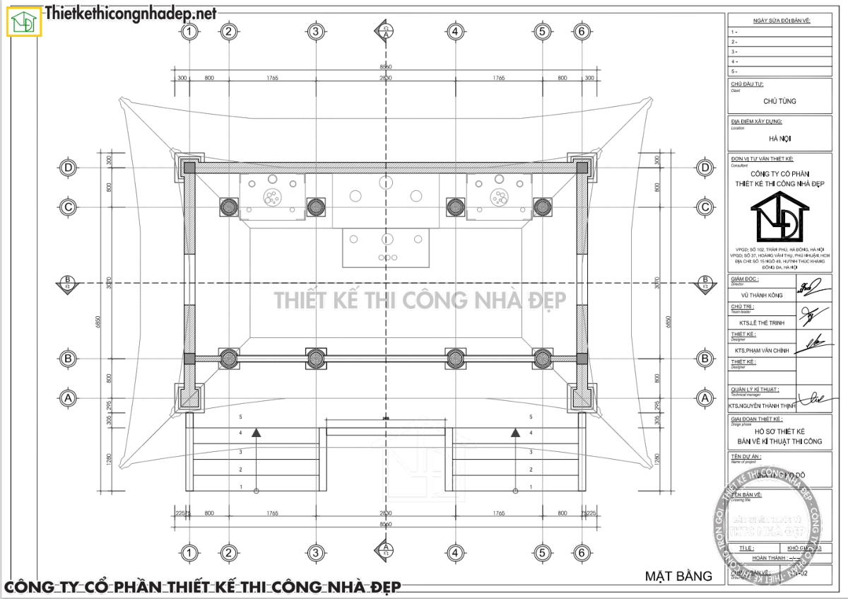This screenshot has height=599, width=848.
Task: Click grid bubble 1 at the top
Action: [189, 31]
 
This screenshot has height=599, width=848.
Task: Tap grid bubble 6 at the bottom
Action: [582, 552]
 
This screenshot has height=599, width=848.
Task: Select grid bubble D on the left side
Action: [69, 168]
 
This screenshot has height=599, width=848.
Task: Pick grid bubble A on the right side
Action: [705, 398]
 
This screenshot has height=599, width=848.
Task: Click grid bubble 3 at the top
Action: [315, 31]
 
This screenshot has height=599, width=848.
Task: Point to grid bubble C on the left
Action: [69, 207]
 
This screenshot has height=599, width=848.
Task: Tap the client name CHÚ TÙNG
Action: [779, 101]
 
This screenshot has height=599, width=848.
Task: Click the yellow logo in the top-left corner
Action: [25, 21]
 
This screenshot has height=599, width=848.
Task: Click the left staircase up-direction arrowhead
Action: [257, 431]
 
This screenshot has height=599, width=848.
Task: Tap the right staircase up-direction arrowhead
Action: [515, 431]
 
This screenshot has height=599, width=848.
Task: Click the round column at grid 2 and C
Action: [228, 207]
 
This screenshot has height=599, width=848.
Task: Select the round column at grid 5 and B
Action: [542, 359]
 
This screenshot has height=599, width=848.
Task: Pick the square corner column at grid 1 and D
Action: [189, 168]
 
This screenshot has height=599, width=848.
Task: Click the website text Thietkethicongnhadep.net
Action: [131, 13]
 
